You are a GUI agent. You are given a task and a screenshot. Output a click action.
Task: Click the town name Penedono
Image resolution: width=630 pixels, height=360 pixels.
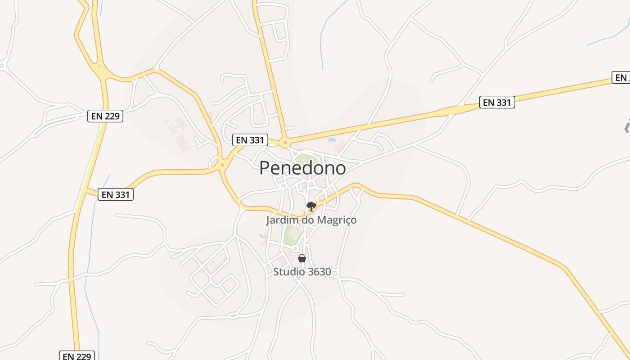click(302, 168)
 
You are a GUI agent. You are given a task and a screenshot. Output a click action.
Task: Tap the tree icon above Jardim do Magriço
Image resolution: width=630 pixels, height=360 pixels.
click(311, 207)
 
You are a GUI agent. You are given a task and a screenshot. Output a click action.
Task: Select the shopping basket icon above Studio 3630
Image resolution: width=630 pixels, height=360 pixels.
click(302, 258)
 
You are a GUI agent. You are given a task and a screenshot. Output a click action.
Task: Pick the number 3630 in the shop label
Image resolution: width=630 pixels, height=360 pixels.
click(317, 272)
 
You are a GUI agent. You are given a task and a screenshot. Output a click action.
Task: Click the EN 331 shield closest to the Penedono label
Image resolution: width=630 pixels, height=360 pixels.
click(250, 140)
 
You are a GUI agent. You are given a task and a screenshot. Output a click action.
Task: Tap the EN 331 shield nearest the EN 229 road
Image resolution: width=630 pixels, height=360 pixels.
click(116, 194)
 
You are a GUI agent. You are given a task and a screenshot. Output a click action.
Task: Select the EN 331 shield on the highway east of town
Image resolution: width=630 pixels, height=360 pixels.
click(497, 102)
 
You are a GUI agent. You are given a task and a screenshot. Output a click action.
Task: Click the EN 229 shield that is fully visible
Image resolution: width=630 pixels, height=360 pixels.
click(105, 116)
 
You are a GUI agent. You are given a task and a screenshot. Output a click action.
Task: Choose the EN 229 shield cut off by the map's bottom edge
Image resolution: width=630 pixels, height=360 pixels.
click(77, 356)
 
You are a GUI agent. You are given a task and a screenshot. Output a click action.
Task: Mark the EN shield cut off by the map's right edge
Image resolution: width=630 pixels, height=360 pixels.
click(621, 77)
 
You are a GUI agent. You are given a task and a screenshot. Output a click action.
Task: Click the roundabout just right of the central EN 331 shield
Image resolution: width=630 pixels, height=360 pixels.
click(284, 144)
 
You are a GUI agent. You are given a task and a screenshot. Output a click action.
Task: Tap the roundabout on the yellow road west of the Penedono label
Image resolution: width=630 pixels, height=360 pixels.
click(221, 165)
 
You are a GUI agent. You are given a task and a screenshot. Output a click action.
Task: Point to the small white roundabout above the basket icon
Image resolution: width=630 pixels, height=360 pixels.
click(296, 248)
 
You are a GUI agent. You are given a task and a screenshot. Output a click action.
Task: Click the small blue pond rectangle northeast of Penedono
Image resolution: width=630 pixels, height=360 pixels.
click(332, 140)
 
